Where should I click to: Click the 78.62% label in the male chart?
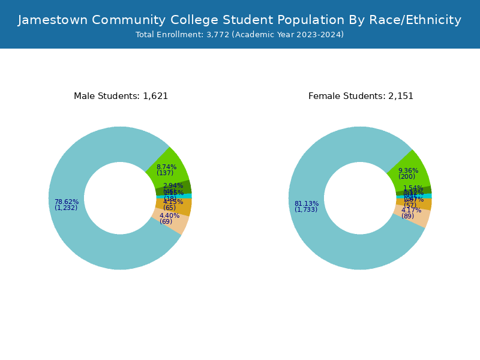[67, 202]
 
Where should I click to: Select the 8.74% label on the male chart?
[166, 167]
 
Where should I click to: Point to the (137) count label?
[165, 173]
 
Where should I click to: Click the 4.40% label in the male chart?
[169, 215]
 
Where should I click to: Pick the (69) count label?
[166, 222]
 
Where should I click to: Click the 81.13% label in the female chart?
[307, 203]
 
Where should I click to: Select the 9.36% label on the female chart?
[408, 170]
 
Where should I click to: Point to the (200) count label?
[407, 177]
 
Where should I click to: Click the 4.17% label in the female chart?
[411, 210]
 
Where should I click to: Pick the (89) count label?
[407, 217]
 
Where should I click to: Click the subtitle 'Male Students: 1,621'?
[121, 96]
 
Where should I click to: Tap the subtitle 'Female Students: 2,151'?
[361, 96]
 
